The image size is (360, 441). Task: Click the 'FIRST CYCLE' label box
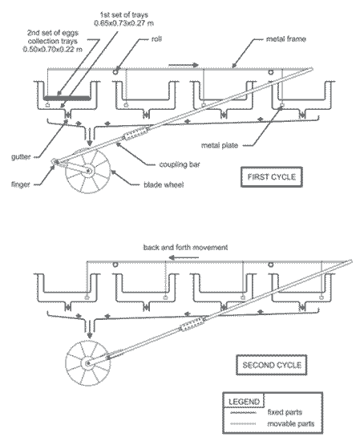coord(272,177)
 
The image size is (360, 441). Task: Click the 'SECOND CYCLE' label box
coord(272,365)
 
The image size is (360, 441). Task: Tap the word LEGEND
coord(244,402)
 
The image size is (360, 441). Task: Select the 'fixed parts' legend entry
coord(285,412)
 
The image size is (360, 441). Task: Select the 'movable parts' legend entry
coord(290,423)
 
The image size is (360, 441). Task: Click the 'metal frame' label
coord(286,38)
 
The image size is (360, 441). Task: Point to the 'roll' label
coord(156,38)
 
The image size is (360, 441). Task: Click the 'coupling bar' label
coord(180,164)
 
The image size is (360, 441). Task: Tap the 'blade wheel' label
coord(164,184)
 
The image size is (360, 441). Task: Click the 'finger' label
coord(21,184)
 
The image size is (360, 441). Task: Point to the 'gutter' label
coord(21,156)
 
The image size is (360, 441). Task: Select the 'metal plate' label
coord(220,145)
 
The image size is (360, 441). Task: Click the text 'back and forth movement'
coord(185,248)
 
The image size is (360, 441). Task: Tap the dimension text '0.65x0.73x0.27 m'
coord(123,23)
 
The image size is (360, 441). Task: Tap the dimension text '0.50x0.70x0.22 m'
coord(53,49)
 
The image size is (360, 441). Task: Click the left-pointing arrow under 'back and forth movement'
coord(184,257)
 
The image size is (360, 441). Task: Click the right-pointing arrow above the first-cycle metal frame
coord(184,65)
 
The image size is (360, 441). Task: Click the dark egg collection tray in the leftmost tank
coord(67,98)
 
